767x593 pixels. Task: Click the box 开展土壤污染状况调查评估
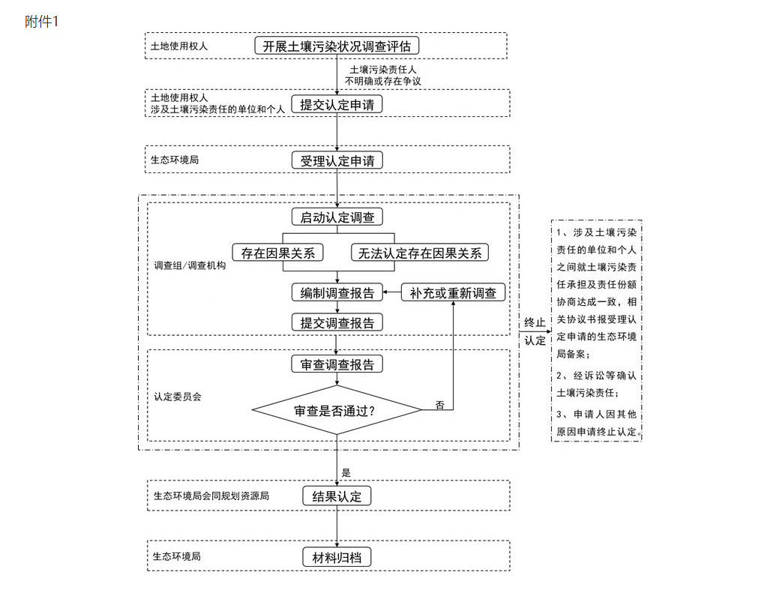pyautogui.click(x=337, y=46)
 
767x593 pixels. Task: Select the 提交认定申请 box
pyautogui.click(x=337, y=105)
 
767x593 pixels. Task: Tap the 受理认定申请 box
pyautogui.click(x=337, y=160)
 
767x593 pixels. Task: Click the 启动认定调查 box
pyautogui.click(x=337, y=217)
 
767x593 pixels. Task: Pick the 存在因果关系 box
pyautogui.click(x=277, y=253)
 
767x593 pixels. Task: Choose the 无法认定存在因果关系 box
pyautogui.click(x=419, y=253)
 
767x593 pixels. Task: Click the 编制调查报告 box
pyautogui.click(x=337, y=292)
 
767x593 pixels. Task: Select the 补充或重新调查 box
pyautogui.click(x=453, y=292)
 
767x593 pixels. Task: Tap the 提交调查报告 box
pyautogui.click(x=337, y=322)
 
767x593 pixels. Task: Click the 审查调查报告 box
pyautogui.click(x=337, y=364)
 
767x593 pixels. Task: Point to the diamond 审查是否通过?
pyautogui.click(x=337, y=410)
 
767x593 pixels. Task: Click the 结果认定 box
pyautogui.click(x=337, y=496)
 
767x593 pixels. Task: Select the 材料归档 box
pyautogui.click(x=337, y=557)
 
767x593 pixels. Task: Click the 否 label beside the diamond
pyautogui.click(x=440, y=405)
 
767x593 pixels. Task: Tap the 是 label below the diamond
pyautogui.click(x=346, y=473)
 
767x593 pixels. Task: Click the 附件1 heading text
pyautogui.click(x=41, y=22)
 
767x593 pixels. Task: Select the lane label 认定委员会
pyautogui.click(x=178, y=396)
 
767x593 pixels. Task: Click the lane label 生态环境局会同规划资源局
pyautogui.click(x=211, y=496)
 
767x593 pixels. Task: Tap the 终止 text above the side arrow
pyautogui.click(x=535, y=322)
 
